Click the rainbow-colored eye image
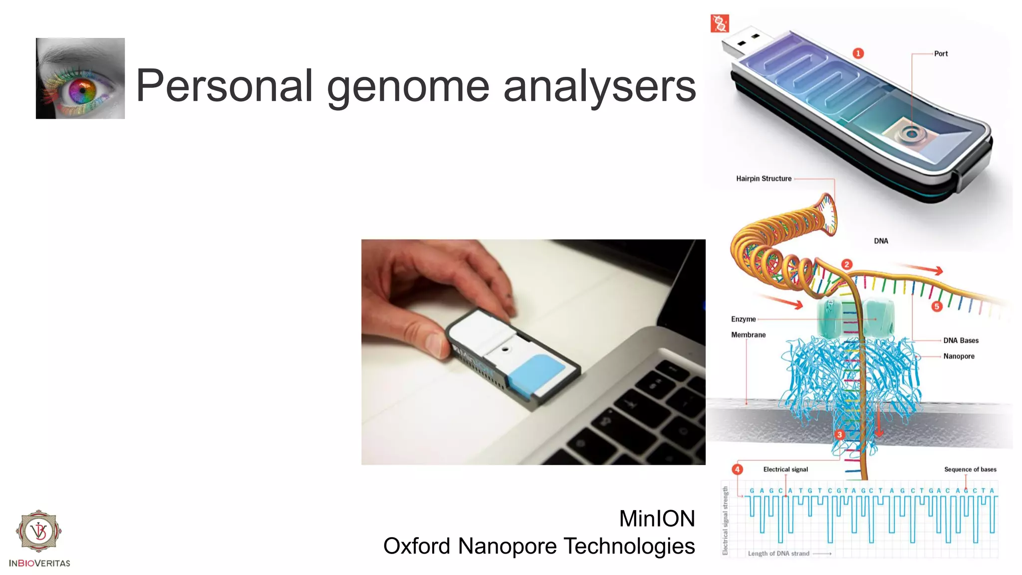coord(80,78)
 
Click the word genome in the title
coord(408,86)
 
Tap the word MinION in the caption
coord(657,519)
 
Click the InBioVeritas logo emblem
coord(39,531)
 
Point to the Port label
coord(941,54)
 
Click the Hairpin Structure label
coord(764,179)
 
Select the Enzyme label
coord(743,319)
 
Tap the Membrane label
coord(748,335)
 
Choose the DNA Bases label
coord(961,340)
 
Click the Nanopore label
coord(959,356)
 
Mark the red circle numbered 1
coord(858,53)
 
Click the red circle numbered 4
coord(737,469)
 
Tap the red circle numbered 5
coord(937,306)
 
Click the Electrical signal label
coord(785,469)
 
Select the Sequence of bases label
coord(970,469)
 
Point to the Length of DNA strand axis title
coord(778,554)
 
